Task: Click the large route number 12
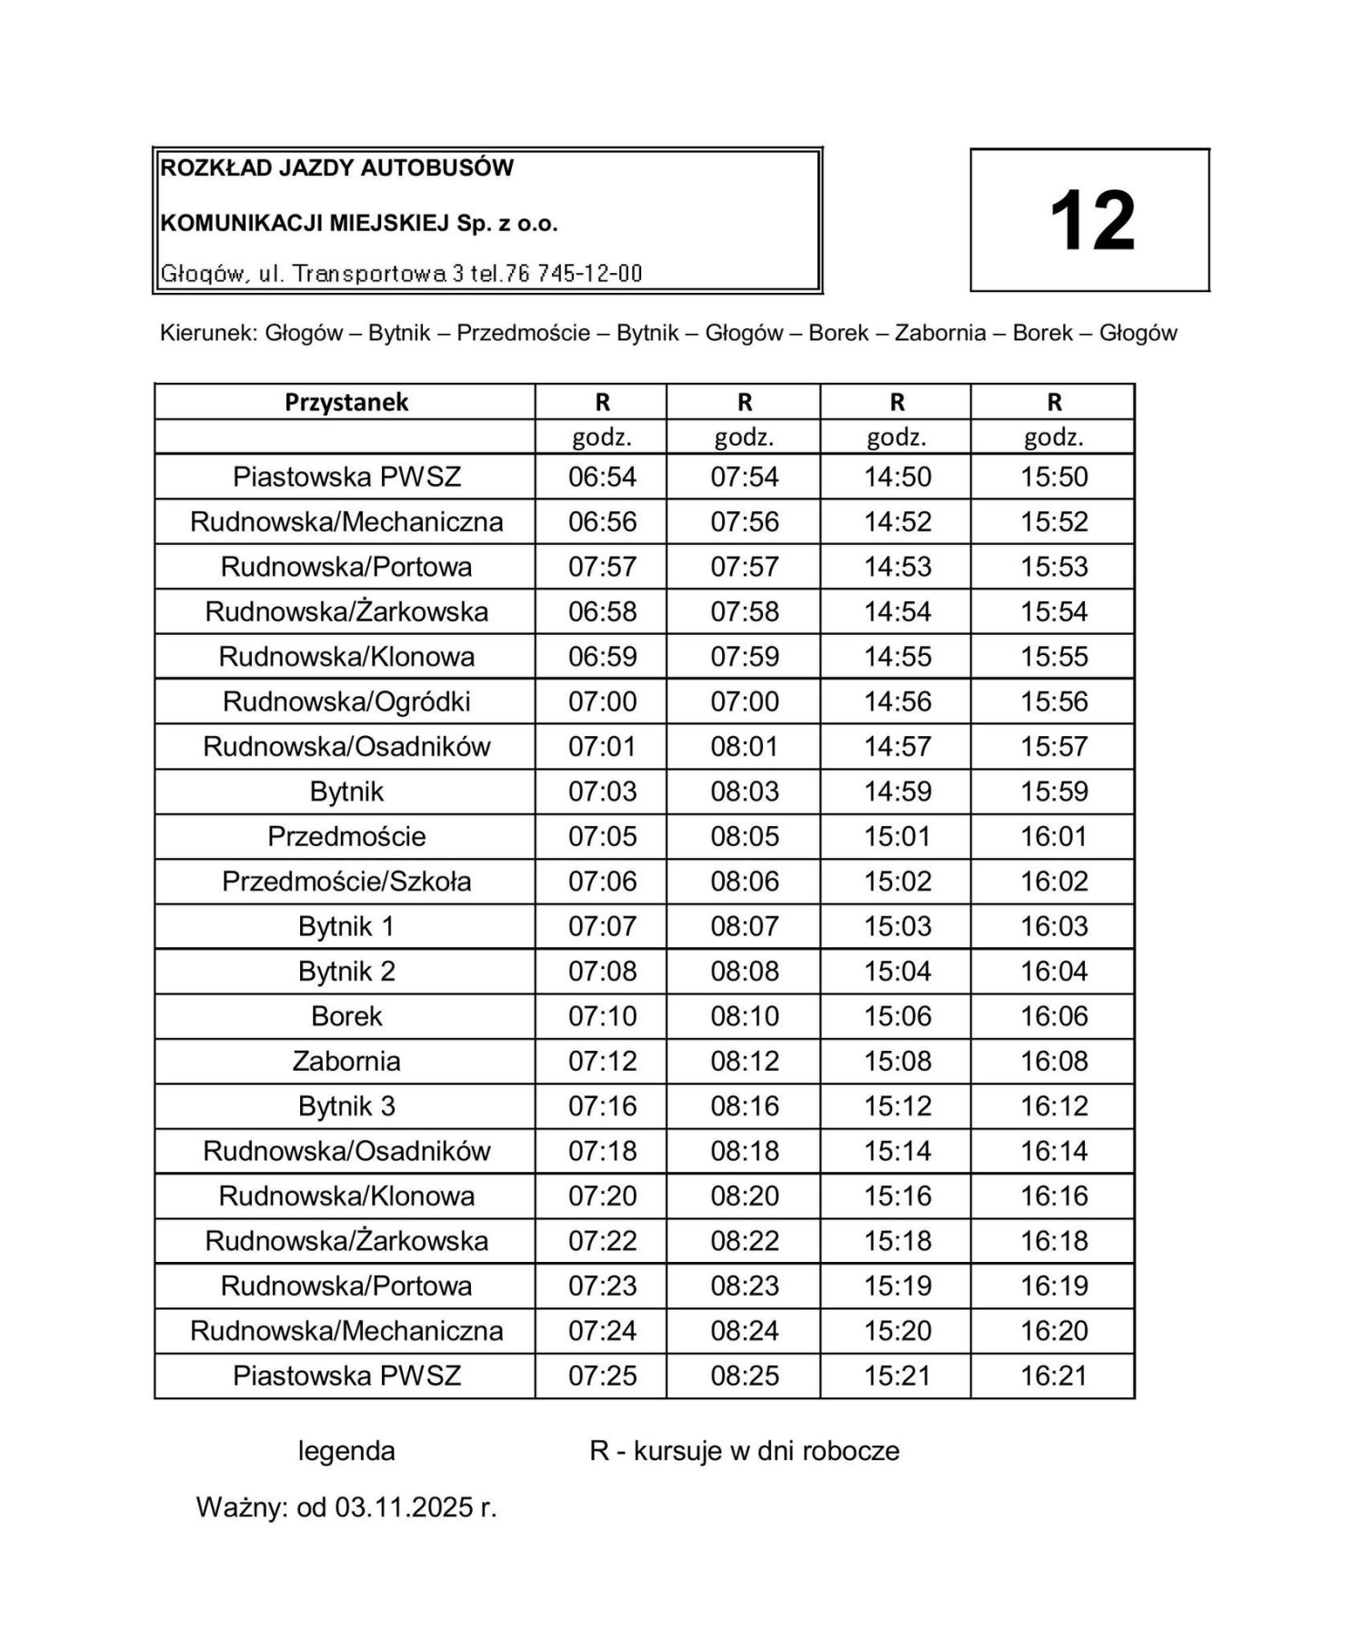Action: point(1091,221)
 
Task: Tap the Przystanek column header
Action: point(346,402)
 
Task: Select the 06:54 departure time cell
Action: point(602,477)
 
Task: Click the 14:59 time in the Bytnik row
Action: point(897,792)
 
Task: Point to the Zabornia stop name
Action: point(346,1061)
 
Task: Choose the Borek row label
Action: point(346,1016)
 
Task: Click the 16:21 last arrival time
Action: point(1053,1376)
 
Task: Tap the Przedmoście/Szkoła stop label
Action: point(346,882)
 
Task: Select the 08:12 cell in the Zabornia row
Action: point(744,1061)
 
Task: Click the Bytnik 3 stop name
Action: point(346,1106)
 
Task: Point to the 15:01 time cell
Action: point(897,836)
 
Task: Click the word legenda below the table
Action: point(346,1451)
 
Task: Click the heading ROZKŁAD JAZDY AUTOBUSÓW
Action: point(336,168)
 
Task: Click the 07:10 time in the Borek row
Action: point(602,1016)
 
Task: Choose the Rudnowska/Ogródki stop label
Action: point(346,701)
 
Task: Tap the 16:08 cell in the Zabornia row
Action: point(1053,1061)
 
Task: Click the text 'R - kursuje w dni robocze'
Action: point(744,1451)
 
